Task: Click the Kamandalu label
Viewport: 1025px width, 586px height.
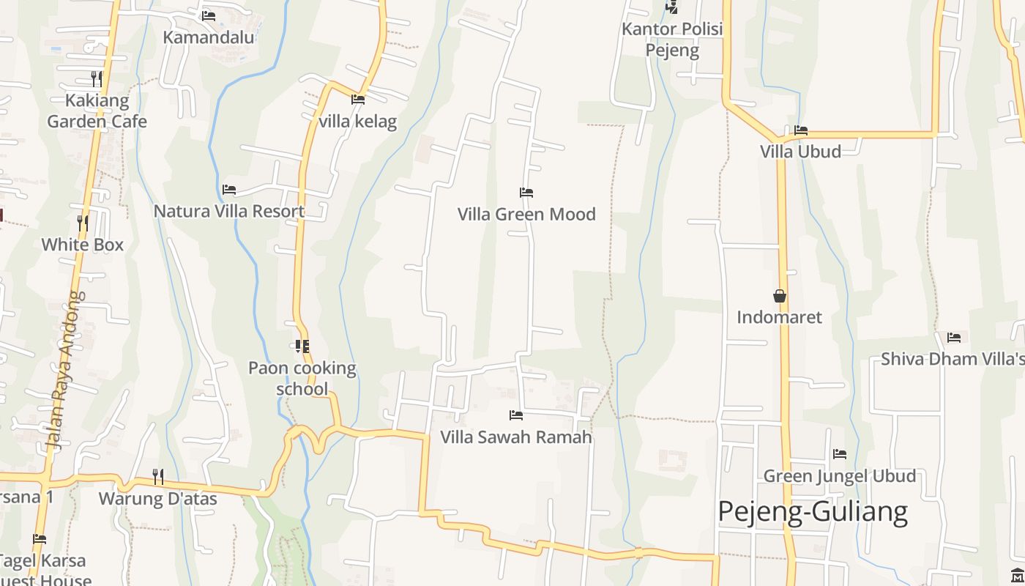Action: (209, 37)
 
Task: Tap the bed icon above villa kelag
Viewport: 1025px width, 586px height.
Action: (358, 100)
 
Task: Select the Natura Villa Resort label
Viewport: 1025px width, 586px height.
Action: (229, 212)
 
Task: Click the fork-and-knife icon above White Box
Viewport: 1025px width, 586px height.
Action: (83, 223)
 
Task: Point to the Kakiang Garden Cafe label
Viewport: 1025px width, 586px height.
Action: (97, 111)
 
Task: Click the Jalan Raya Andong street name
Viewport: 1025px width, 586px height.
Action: (66, 370)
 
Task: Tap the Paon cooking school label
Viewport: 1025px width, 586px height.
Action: (302, 378)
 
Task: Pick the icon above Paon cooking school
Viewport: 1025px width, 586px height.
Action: (302, 346)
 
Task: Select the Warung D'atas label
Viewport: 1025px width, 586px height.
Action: (158, 499)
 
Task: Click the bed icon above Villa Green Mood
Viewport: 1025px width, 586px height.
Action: (526, 193)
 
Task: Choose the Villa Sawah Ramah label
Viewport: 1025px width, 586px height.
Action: (516, 437)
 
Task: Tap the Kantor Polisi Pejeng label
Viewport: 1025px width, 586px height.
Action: (672, 40)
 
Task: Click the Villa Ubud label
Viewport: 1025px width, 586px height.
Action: (800, 152)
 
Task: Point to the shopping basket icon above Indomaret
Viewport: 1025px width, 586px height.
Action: (780, 296)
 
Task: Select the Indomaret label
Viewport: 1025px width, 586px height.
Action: (779, 317)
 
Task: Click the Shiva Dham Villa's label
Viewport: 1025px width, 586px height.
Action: (953, 359)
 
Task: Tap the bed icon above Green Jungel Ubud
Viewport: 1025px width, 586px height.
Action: (840, 454)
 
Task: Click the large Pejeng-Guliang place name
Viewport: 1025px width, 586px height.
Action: (813, 511)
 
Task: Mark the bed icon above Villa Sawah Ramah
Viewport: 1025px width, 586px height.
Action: (516, 415)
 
